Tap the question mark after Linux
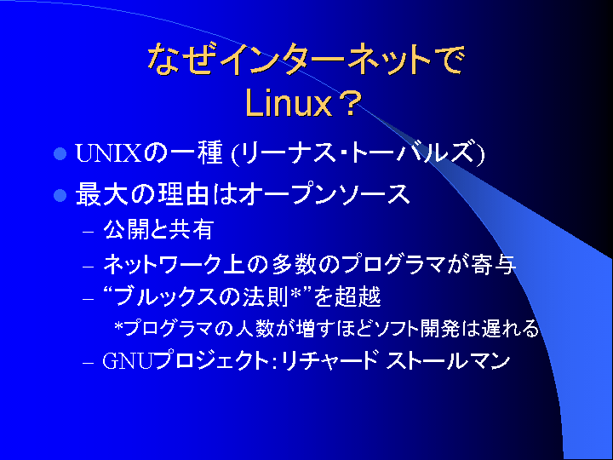pos(348,103)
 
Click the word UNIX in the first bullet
pos(108,153)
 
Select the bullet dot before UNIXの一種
pos(60,153)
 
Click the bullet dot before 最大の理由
pos(60,195)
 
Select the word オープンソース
pos(324,194)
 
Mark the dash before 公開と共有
pos(89,232)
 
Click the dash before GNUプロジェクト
pos(89,363)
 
